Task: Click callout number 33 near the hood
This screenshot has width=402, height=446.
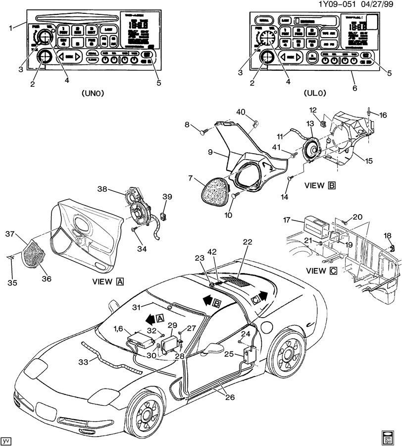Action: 83,362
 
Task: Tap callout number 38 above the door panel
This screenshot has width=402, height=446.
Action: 102,189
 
